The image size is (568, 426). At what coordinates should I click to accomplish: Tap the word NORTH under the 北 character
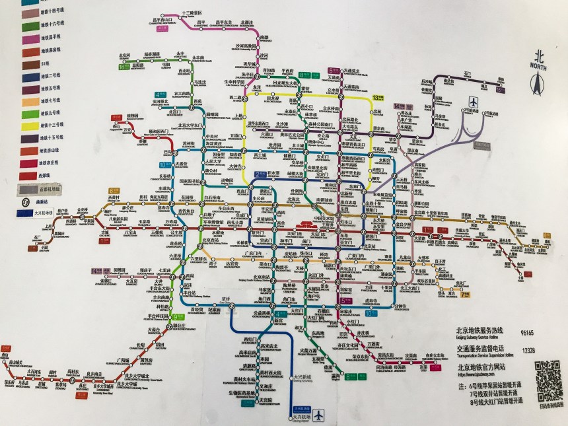[537, 66]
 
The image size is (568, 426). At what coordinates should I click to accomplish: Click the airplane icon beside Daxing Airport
[320, 415]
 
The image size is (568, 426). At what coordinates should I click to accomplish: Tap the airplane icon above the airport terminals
[474, 101]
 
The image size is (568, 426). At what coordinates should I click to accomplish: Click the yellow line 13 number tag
[378, 97]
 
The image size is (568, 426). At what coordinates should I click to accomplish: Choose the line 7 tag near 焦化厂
[466, 294]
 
